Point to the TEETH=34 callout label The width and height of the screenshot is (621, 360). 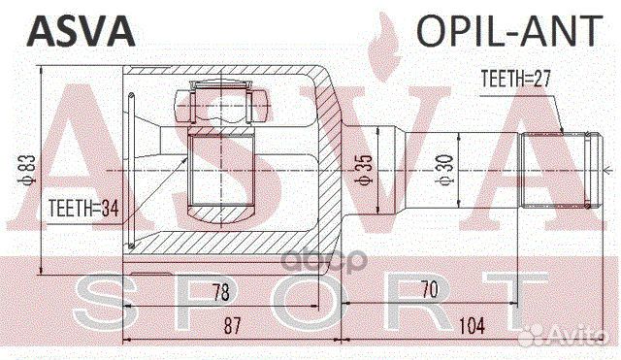82,205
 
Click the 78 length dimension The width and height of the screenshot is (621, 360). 223,292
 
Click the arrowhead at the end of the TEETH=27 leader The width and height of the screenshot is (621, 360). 561,132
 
